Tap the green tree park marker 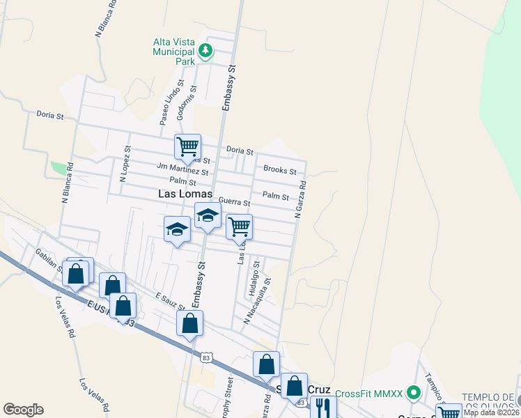(205, 50)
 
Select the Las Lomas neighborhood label (185, 194)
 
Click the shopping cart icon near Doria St (187, 146)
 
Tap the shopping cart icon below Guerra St (239, 226)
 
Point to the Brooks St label (279, 170)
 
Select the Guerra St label (234, 202)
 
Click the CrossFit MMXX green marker (414, 394)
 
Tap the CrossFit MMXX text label (369, 394)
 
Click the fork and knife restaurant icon (322, 408)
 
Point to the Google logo (23, 410)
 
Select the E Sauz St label (171, 302)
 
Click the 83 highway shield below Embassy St (205, 357)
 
